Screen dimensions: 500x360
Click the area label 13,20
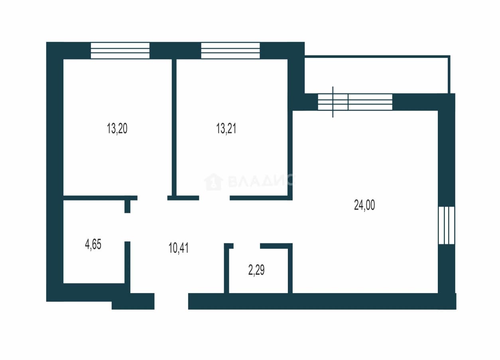pos(117,128)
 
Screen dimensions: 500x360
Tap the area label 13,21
pos(226,128)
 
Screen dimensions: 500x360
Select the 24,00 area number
pos(364,205)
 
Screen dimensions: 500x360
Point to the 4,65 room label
pos(93,244)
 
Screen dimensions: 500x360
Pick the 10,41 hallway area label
pos(179,248)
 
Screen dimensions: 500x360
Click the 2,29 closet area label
pos(256,270)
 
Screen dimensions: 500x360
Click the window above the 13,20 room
pos(120,51)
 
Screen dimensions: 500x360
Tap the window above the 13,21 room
pos(230,51)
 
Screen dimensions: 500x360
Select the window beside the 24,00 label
pos(447,225)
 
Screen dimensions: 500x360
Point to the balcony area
pos(377,75)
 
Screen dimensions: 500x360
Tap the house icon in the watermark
pos(213,182)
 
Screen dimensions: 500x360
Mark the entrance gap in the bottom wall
pos(171,301)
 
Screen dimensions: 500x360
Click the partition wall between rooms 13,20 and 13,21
pos(174,128)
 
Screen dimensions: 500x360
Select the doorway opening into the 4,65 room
pos(127,227)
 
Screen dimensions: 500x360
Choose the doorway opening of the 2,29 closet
pos(247,246)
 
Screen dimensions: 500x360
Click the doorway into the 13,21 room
pos(214,198)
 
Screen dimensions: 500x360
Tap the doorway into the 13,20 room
pos(152,198)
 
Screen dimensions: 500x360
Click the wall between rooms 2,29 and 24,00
pos(290,268)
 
